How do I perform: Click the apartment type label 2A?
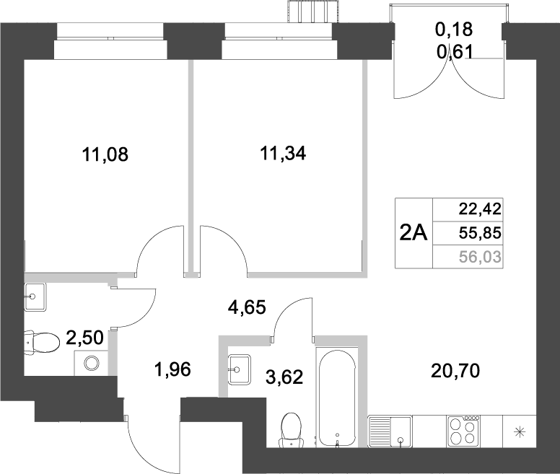(x=414, y=232)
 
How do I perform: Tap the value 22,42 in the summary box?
(x=479, y=210)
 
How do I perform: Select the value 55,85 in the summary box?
(x=479, y=232)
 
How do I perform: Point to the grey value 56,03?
(x=479, y=255)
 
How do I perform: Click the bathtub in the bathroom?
(x=337, y=398)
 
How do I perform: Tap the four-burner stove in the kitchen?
(x=463, y=431)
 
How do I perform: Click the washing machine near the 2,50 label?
(x=92, y=363)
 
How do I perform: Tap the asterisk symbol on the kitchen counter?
(x=519, y=432)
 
